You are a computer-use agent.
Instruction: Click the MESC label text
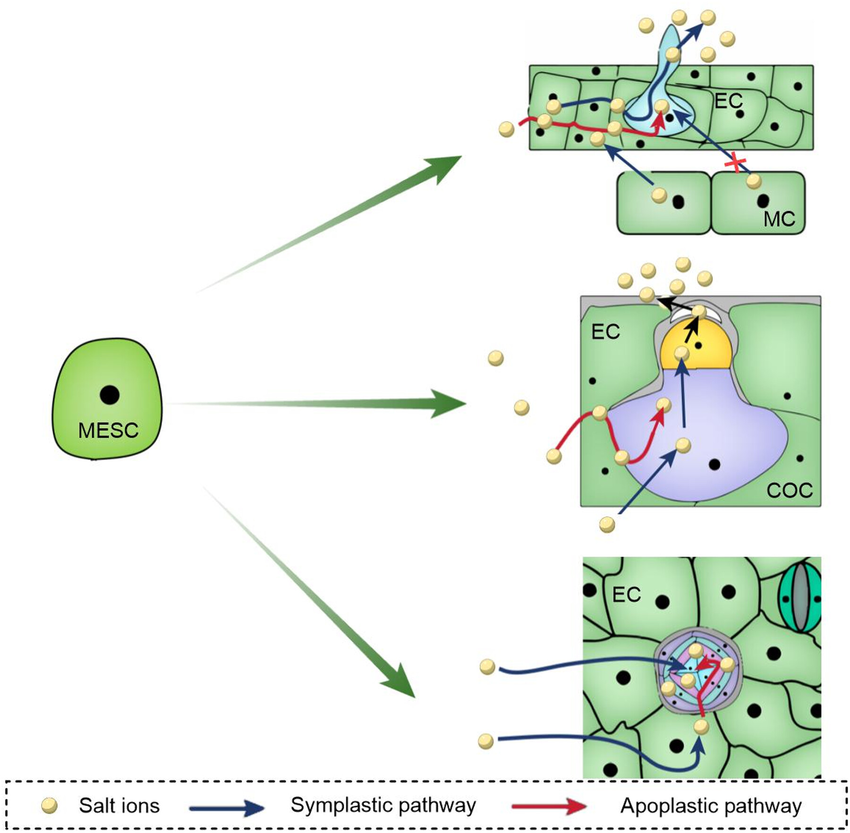(x=108, y=430)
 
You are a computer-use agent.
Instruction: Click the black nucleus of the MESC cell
(x=110, y=395)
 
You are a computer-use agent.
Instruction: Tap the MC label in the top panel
(x=779, y=219)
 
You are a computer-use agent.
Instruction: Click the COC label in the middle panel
(x=790, y=491)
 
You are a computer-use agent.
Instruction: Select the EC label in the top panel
(x=729, y=101)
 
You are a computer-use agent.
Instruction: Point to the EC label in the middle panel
(x=605, y=332)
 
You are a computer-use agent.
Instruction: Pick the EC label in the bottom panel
(x=626, y=595)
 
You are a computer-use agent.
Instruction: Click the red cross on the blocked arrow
(x=735, y=163)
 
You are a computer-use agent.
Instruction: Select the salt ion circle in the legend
(x=50, y=806)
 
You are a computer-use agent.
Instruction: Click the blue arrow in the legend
(x=227, y=808)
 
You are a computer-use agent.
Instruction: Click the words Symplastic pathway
(x=383, y=806)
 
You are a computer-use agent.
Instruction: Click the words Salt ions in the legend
(x=119, y=806)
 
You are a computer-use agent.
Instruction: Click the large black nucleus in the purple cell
(x=714, y=465)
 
